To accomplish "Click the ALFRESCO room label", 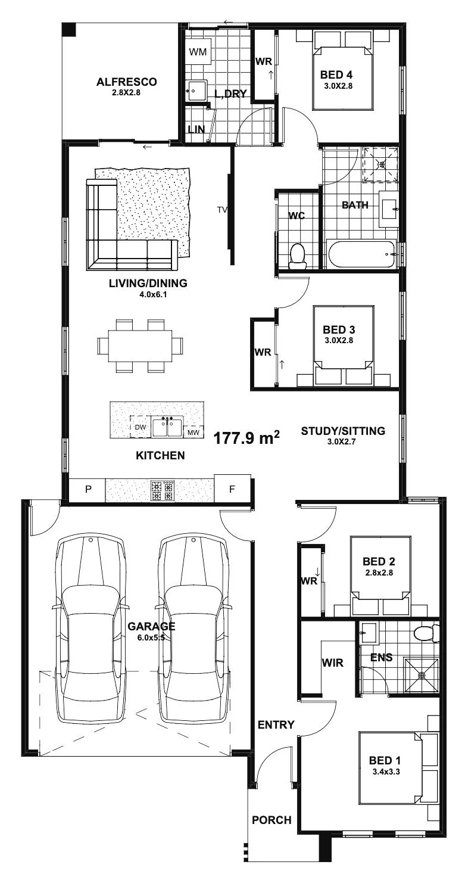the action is [126, 82].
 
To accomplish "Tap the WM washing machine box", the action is [198, 51].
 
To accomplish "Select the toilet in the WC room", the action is [298, 256].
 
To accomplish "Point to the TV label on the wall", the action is [221, 210].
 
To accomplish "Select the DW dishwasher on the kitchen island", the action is [140, 427].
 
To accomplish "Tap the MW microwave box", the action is [194, 432].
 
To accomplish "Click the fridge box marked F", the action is [232, 489].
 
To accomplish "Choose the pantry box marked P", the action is [88, 489].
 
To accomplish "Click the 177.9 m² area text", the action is [246, 438].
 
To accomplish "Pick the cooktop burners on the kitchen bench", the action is [163, 490].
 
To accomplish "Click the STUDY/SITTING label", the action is [343, 431].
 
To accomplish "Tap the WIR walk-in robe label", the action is [333, 663].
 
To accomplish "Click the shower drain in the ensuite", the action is [422, 676].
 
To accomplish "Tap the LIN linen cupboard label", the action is [196, 129].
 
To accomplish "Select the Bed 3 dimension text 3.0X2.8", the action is [339, 340].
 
